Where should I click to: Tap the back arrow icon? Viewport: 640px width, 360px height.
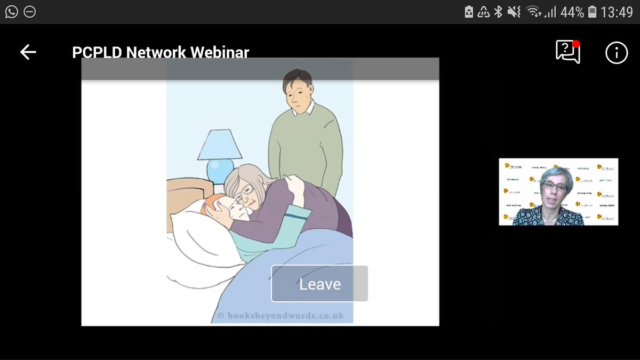pyautogui.click(x=28, y=52)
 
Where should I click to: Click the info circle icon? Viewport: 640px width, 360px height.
pyautogui.click(x=617, y=52)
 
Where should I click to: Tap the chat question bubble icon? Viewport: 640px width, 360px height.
pyautogui.click(x=567, y=52)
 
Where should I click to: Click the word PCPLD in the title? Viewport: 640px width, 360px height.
pyautogui.click(x=97, y=53)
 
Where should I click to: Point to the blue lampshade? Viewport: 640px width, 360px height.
pyautogui.click(x=219, y=145)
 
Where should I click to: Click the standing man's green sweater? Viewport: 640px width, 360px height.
pyautogui.click(x=306, y=144)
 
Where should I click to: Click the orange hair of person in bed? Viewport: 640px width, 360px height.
pyautogui.click(x=212, y=204)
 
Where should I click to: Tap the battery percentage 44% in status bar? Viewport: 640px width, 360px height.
pyautogui.click(x=571, y=12)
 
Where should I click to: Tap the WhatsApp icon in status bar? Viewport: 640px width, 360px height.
pyautogui.click(x=11, y=11)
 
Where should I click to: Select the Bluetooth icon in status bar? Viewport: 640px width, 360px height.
pyautogui.click(x=498, y=12)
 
